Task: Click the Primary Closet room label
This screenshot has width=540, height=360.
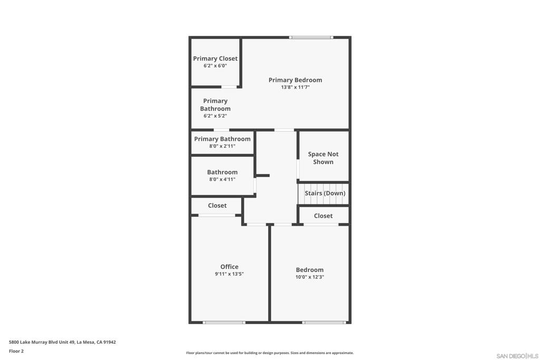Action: click(215, 59)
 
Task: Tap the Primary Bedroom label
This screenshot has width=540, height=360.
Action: click(295, 80)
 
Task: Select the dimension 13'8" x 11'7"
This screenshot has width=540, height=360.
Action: click(295, 87)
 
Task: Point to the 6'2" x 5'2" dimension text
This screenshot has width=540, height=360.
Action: click(215, 116)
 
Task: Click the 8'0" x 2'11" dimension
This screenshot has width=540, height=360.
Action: click(222, 147)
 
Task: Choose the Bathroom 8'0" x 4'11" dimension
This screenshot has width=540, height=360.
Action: click(222, 179)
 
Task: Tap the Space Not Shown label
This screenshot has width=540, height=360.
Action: click(323, 158)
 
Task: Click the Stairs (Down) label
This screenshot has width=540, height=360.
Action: click(325, 193)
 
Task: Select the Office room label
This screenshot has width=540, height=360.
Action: click(229, 267)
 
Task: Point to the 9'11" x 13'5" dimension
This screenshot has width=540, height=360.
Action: click(229, 274)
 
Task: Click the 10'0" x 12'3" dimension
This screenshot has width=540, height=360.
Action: click(310, 277)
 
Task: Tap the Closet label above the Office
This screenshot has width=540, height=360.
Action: click(217, 206)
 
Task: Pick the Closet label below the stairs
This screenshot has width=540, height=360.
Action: click(323, 216)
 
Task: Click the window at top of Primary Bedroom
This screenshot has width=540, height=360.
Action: click(311, 37)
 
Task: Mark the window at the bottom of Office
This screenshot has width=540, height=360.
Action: click(224, 322)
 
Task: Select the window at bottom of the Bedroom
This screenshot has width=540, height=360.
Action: click(324, 322)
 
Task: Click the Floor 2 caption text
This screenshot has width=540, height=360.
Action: click(16, 351)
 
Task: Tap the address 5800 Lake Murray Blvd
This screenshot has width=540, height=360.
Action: click(62, 342)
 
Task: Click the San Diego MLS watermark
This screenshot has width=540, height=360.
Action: click(517, 356)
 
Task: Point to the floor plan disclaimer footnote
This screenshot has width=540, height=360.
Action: click(269, 353)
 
